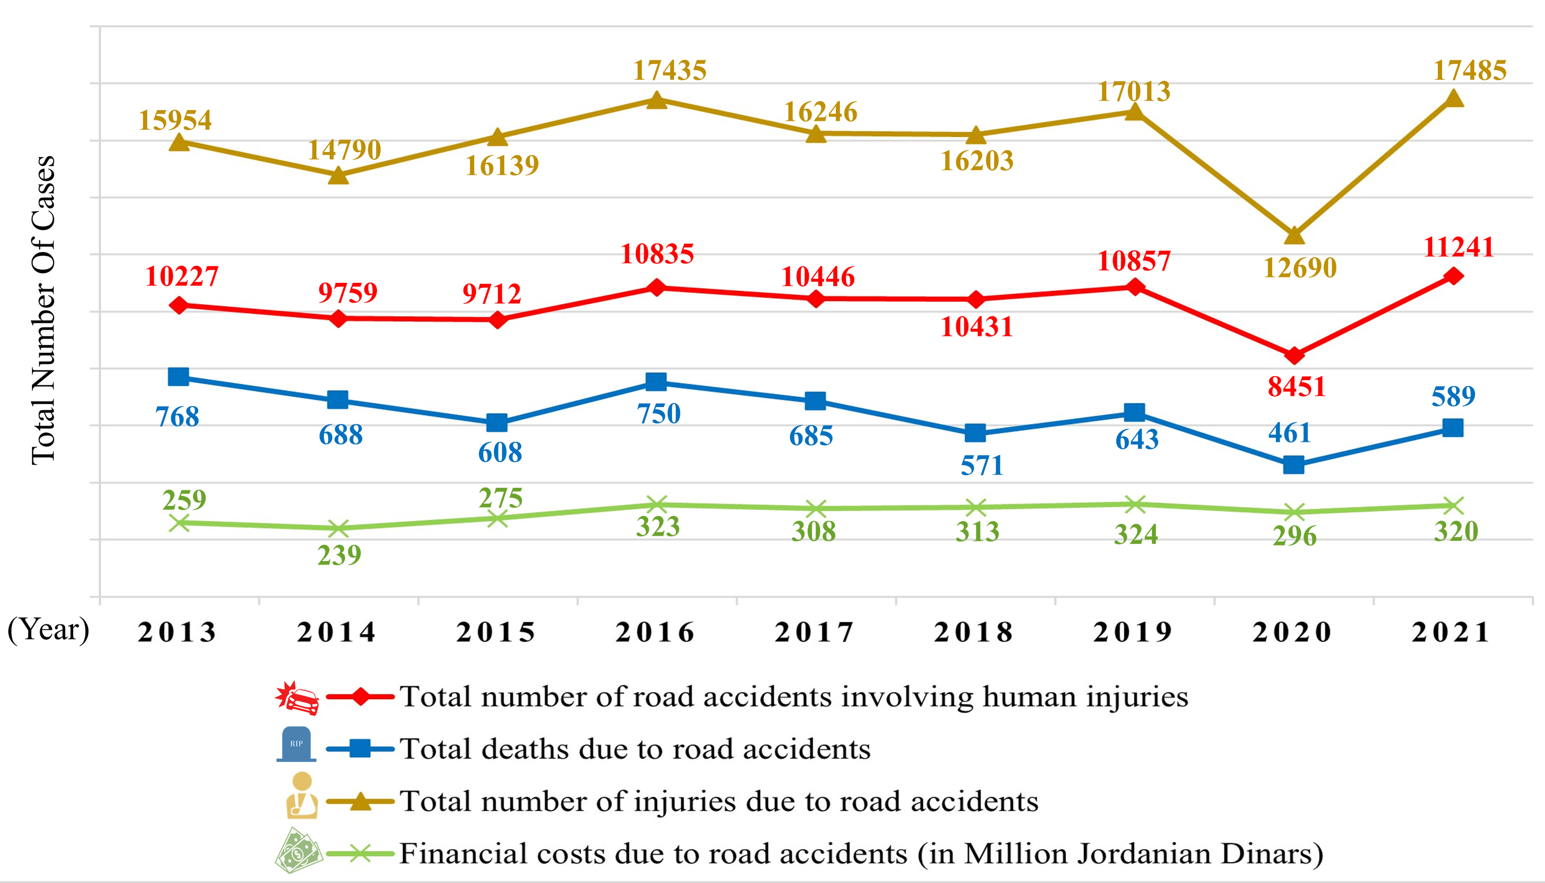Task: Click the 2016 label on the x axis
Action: click(655, 632)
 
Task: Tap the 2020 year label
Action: click(1292, 632)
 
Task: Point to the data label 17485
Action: click(1469, 71)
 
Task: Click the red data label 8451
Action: click(1296, 387)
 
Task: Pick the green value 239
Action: click(339, 555)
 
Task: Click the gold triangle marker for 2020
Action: click(1294, 235)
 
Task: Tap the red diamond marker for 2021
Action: click(1453, 277)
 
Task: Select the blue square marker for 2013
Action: click(178, 377)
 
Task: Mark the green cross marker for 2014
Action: click(338, 528)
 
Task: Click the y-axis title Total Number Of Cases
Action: click(44, 311)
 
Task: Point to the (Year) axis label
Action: click(48, 630)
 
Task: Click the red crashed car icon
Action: click(297, 698)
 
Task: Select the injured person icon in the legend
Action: click(302, 795)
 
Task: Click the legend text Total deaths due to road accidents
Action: click(634, 749)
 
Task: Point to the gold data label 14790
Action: click(344, 150)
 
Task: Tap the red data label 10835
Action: click(657, 253)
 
